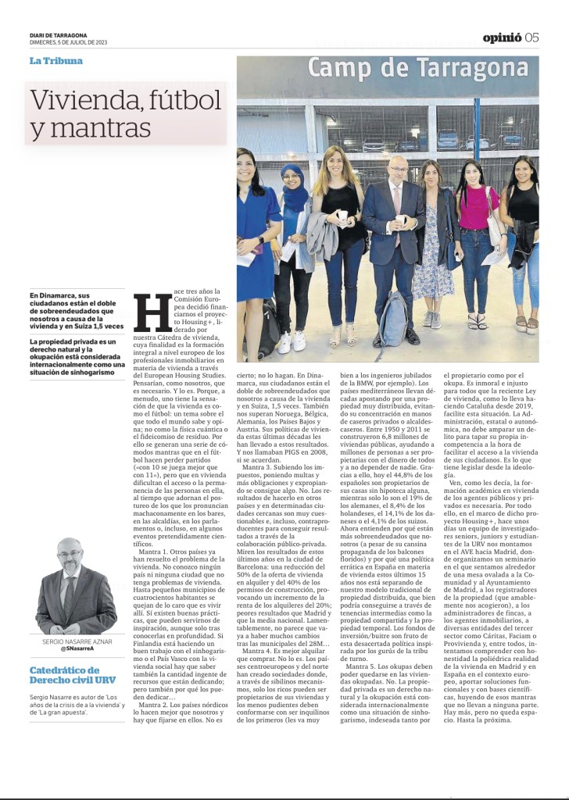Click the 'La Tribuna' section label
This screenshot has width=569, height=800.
coord(55,61)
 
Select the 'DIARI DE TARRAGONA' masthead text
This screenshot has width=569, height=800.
coord(59,34)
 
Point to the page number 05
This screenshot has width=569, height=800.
coord(532,37)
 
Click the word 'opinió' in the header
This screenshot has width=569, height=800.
coord(502,37)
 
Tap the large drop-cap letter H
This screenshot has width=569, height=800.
coord(147,312)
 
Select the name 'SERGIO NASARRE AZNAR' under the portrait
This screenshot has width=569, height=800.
coord(75,641)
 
